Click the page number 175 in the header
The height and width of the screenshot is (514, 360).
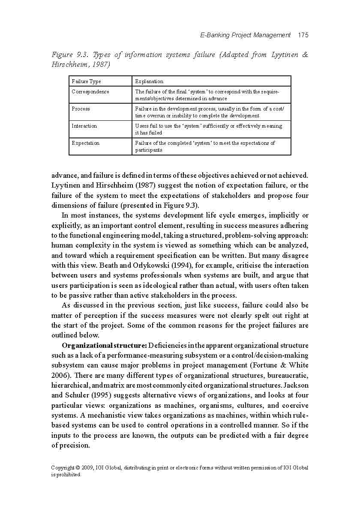tap(303, 35)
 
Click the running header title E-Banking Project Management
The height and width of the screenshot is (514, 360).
tap(245, 35)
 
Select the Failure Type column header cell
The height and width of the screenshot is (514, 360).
tap(87, 81)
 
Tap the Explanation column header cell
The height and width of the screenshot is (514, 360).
tap(149, 81)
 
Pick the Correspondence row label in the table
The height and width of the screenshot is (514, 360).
tap(90, 92)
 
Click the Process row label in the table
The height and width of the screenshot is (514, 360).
tap(81, 109)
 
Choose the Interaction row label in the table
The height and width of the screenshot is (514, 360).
tap(84, 126)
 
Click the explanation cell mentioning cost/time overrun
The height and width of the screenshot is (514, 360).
tap(210, 112)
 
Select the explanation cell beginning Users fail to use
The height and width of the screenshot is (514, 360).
tap(208, 129)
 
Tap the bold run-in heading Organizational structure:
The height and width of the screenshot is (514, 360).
tap(105, 345)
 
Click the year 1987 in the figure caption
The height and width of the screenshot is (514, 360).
tap(101, 65)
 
